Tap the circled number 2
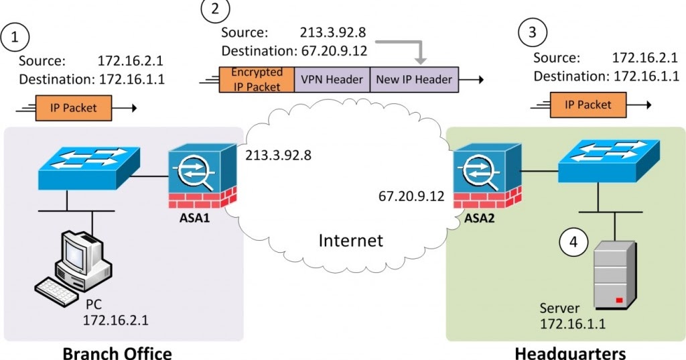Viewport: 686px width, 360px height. (214, 9)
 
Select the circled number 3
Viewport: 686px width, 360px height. (533, 32)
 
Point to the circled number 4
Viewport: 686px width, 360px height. (573, 242)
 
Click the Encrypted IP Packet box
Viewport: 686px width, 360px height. (257, 79)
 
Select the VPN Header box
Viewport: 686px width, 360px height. (331, 79)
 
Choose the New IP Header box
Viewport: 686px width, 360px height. (414, 79)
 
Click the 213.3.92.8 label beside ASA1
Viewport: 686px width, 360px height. (279, 156)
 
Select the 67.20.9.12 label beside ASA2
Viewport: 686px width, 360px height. (411, 196)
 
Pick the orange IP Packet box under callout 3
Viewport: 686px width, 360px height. (588, 105)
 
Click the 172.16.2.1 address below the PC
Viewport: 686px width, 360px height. (115, 320)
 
